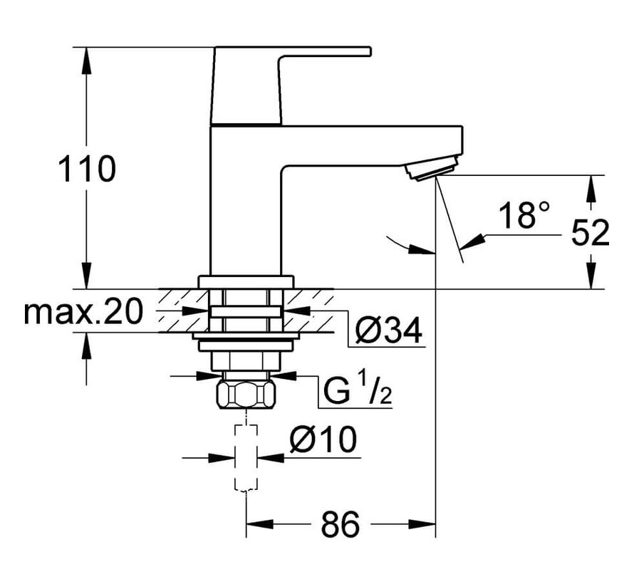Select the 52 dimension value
coord(591,232)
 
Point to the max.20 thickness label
coord(84,311)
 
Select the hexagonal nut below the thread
coord(246,394)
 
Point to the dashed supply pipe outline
coord(246,456)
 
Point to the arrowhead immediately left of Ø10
coord(228,458)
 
